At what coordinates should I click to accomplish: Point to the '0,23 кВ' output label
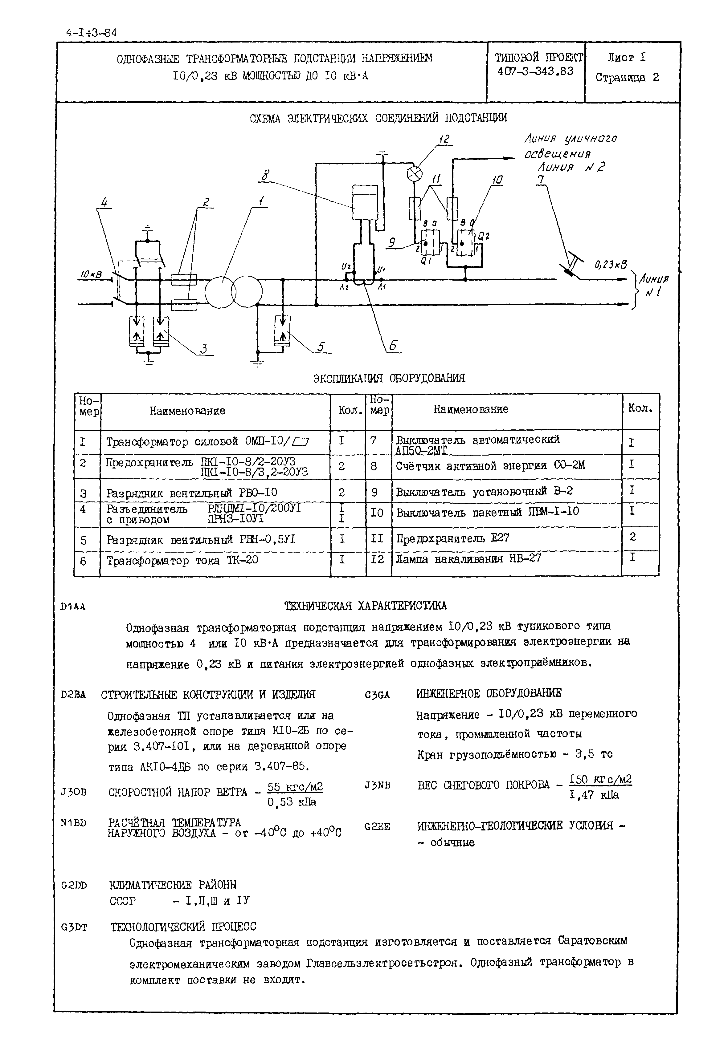coord(611,265)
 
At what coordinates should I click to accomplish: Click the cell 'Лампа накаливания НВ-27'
coord(468,558)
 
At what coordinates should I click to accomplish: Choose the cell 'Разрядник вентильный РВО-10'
coord(192,493)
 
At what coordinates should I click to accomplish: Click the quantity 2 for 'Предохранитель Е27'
coord(633,537)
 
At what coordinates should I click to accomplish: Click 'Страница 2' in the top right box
coord(627,78)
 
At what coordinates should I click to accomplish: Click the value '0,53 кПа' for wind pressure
coord(292,802)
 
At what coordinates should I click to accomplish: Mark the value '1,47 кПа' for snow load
coord(594,795)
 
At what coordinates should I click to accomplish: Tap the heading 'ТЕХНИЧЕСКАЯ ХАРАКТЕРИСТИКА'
coord(365,606)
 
